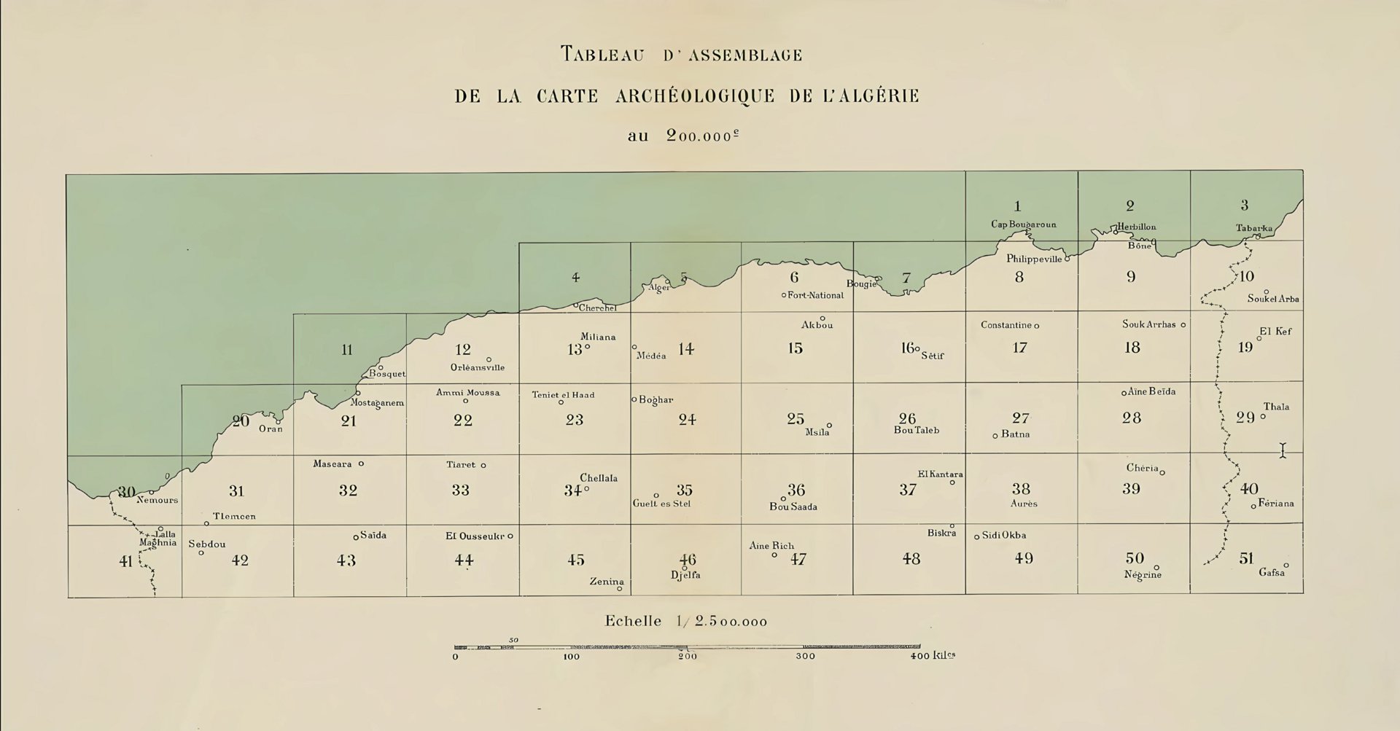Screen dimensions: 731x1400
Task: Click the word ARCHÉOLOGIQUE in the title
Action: [695, 97]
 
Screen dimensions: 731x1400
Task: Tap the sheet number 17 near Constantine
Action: [1019, 348]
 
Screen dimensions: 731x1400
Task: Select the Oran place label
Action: [271, 429]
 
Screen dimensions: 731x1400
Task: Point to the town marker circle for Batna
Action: [995, 436]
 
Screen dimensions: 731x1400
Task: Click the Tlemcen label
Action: [234, 517]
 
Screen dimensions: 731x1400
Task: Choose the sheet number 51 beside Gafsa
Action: [1246, 558]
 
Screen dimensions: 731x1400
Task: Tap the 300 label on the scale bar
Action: [805, 656]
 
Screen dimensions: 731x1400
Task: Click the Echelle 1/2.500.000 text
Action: [685, 622]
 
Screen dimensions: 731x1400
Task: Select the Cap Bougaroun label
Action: [1023, 224]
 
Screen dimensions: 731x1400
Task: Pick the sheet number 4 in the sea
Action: [575, 278]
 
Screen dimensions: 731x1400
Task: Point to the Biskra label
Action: [941, 533]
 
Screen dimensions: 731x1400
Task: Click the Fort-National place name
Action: [815, 295]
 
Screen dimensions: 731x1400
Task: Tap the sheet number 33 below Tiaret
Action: [460, 490]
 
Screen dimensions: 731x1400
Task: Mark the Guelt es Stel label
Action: [661, 504]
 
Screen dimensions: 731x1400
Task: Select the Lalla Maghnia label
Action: [158, 539]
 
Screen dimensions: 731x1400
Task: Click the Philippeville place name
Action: [1034, 259]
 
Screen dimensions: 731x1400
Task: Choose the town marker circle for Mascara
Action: [361, 464]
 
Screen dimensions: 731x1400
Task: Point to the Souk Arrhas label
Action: [1148, 324]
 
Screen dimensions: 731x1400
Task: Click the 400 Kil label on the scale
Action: [932, 655]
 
